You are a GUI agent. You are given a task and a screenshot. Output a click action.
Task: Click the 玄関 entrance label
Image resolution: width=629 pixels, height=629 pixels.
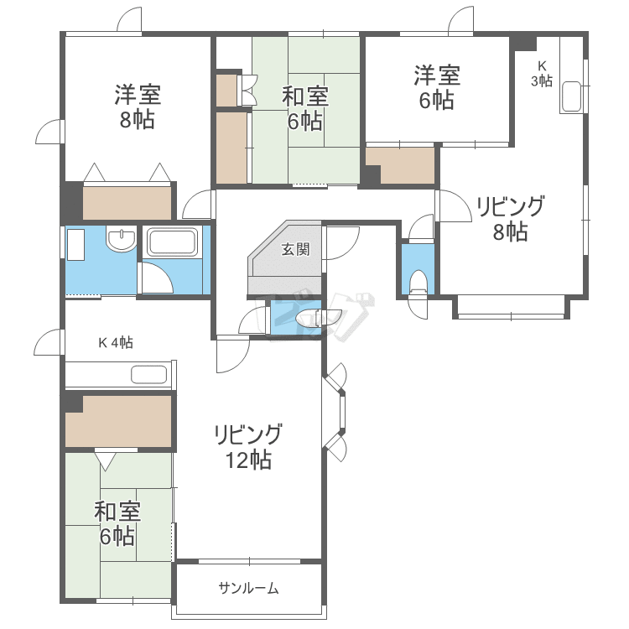click(x=295, y=249)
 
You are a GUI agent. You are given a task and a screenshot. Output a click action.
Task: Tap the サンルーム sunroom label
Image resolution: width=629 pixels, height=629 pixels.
click(x=248, y=588)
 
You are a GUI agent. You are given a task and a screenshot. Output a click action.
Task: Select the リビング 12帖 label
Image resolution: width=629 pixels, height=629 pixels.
click(x=247, y=446)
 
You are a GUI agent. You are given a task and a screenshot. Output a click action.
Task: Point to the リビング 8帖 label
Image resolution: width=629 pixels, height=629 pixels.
click(x=510, y=218)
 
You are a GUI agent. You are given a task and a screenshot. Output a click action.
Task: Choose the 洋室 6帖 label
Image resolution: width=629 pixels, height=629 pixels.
click(x=436, y=87)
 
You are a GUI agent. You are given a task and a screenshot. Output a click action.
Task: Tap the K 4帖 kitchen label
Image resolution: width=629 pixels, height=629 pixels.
click(x=116, y=342)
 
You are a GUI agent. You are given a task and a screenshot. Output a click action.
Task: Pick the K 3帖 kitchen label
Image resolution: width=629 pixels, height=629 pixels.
click(x=542, y=73)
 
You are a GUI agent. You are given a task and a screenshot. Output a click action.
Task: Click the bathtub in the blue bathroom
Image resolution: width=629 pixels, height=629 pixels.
click(x=172, y=243)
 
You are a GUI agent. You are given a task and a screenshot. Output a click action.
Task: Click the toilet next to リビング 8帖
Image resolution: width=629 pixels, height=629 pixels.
click(x=418, y=281)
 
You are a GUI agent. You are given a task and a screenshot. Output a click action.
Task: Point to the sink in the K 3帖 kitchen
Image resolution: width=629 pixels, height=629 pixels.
click(x=572, y=97)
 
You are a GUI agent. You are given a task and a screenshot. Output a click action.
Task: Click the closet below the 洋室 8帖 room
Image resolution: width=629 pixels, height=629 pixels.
click(x=127, y=202)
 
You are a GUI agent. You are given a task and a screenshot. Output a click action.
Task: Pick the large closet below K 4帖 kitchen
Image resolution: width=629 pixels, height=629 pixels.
click(x=118, y=420)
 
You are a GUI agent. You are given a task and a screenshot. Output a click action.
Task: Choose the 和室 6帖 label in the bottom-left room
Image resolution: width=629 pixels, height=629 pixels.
click(x=117, y=523)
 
